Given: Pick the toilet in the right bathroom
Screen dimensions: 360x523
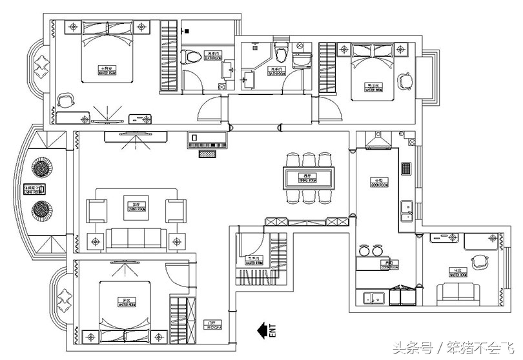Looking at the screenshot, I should click(280, 52).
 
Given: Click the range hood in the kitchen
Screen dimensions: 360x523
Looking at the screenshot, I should click(376, 140).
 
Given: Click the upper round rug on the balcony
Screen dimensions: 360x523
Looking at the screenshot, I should click(42, 168).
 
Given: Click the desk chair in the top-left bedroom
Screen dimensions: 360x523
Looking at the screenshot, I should click(66, 101).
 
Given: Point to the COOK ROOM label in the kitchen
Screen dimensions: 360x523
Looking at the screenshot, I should click(379, 182).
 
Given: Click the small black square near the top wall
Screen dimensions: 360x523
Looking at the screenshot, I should click(187, 30).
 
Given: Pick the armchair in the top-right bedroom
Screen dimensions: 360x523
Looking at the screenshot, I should click(405, 80).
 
